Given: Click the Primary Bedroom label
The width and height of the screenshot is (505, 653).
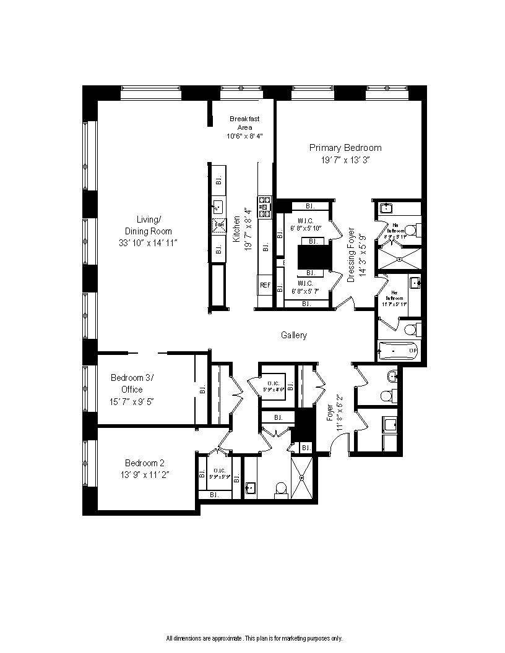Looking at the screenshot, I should click(x=345, y=148).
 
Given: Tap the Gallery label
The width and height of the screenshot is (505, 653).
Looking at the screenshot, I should click(x=294, y=335).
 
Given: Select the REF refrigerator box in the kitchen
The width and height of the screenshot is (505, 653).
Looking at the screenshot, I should click(x=265, y=285).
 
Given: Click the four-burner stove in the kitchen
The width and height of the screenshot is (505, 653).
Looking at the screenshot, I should click(x=265, y=207).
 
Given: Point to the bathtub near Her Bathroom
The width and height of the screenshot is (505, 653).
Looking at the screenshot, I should click(x=399, y=351).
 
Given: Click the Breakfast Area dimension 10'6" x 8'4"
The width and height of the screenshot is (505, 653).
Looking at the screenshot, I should click(x=245, y=136).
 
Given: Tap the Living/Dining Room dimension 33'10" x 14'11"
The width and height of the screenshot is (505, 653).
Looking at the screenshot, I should click(x=149, y=243).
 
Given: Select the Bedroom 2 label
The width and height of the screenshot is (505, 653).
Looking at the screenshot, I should click(x=144, y=463).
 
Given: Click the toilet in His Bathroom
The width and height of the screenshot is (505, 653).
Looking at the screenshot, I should click(x=415, y=231).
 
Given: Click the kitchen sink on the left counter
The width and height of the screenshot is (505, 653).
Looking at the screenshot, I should click(x=218, y=206).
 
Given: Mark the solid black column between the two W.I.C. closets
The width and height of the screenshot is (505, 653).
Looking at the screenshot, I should click(x=311, y=256).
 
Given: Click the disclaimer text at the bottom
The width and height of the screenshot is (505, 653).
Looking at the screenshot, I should click(x=253, y=638).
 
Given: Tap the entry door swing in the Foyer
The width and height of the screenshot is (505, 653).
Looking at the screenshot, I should click(x=338, y=440).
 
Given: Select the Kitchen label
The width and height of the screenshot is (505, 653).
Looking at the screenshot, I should click(x=238, y=229).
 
